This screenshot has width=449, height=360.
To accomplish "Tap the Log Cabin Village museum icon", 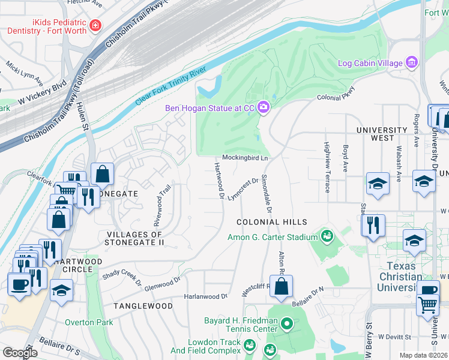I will (x=411, y=62).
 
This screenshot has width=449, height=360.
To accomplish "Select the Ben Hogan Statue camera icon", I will (x=263, y=108).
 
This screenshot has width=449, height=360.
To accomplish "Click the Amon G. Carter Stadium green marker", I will (x=327, y=236).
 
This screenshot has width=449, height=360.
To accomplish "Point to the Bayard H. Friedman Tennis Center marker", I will (x=287, y=325).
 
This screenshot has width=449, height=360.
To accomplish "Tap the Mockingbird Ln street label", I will (x=245, y=158).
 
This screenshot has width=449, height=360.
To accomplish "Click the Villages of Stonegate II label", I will (x=135, y=238).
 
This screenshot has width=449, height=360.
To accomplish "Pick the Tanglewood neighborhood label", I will (x=143, y=306).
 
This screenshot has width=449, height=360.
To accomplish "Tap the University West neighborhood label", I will (x=382, y=134).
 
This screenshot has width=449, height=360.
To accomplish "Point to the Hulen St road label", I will (x=83, y=118).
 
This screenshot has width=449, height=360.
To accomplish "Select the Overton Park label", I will (x=88, y=322).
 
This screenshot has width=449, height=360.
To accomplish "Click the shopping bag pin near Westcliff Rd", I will (x=281, y=287).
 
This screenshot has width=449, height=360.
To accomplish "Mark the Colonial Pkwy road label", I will (x=336, y=94).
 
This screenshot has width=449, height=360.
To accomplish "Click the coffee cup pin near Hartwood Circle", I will (x=19, y=283).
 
